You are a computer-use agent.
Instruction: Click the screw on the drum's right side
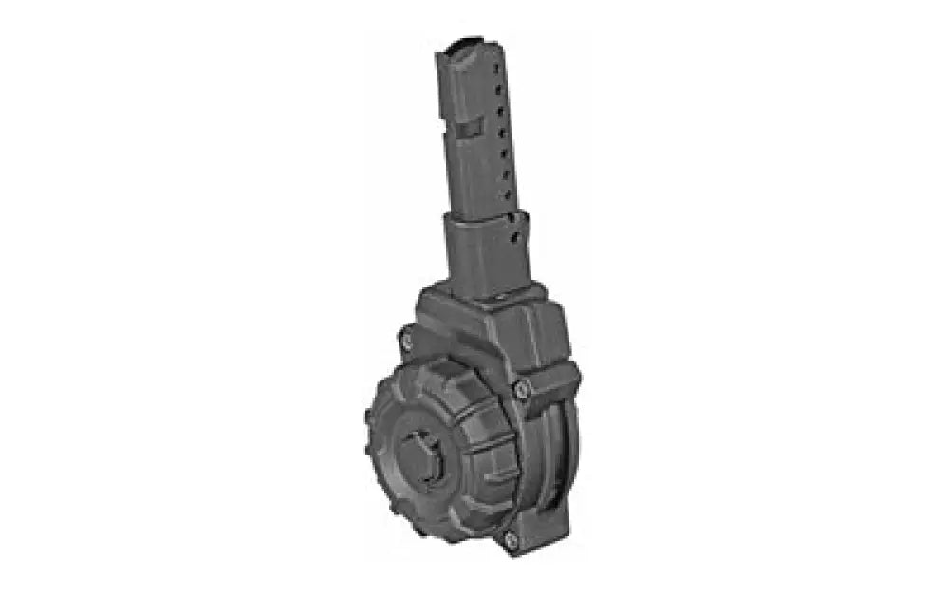[x=520, y=386]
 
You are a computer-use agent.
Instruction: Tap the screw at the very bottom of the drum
[x=510, y=540]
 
